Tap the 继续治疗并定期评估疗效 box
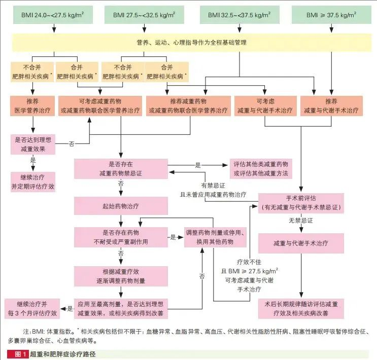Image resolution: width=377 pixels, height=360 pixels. coord(33,182)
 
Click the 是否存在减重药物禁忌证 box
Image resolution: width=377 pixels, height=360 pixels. coord(121,169)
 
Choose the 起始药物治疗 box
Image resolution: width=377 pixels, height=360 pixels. coord(121,207)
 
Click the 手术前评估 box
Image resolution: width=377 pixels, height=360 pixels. coord(301,203)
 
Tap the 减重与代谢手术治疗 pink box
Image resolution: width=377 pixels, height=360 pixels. coord(301,243)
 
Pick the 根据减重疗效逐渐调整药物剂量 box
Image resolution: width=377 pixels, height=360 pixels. coord(121,276)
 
